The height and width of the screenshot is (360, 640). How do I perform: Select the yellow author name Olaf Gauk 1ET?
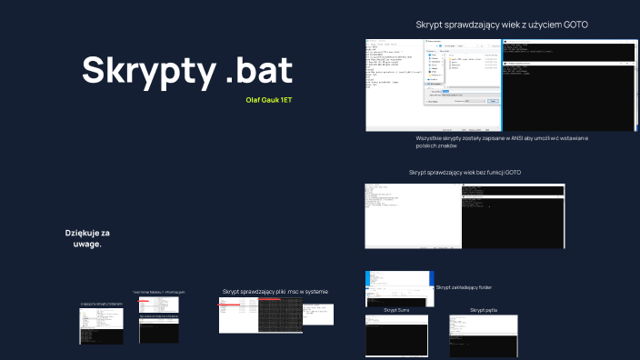pos(269,98)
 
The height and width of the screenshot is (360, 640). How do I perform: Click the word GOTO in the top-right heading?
pos(573,25)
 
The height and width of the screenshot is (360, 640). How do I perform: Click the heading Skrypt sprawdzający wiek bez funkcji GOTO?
pos(465,172)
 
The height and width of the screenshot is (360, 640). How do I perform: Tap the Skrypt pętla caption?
pos(483,310)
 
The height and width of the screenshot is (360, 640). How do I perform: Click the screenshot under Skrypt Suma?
pos(396,335)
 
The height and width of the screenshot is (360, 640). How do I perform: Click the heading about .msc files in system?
pos(275,292)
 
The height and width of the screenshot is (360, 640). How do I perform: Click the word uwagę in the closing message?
pos(87,245)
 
